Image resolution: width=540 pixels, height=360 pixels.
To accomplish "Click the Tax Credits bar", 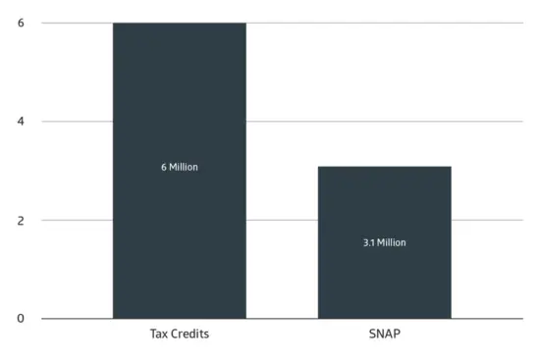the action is tap(180, 171).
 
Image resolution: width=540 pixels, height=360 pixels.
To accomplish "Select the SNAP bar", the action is tap(385, 242).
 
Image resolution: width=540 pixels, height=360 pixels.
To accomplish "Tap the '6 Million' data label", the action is tap(180, 168).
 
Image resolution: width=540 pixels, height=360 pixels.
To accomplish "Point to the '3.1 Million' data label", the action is tap(385, 242).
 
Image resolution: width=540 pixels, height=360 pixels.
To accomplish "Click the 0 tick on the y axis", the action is tap(21, 319).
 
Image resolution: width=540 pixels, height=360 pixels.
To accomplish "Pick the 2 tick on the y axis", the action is tap(21, 221).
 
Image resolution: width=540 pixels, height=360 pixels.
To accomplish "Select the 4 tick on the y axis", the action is tap(21, 122).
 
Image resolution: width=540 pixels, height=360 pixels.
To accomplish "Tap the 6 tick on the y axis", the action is tap(21, 23).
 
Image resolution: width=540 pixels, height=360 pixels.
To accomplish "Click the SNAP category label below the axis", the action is tap(385, 334).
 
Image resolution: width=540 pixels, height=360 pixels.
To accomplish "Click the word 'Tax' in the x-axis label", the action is tap(159, 334).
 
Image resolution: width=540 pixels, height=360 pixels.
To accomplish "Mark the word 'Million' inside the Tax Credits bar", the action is tap(184, 168).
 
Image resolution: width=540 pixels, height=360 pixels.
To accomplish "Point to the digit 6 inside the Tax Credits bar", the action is tap(164, 168).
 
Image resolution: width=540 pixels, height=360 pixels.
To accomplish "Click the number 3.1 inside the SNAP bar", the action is tap(369, 242).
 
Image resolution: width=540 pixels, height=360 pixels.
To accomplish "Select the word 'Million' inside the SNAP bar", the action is tap(392, 242).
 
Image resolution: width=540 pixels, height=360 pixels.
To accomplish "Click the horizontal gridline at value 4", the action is tap(385, 122).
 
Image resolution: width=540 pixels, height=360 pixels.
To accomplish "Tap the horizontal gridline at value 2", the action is tap(487, 220).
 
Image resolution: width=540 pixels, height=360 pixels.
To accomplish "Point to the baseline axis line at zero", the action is tap(283, 319).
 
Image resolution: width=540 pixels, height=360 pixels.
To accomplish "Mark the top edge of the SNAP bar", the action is tap(385, 167).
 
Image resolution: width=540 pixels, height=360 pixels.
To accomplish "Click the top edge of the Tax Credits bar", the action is tap(180, 24).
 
